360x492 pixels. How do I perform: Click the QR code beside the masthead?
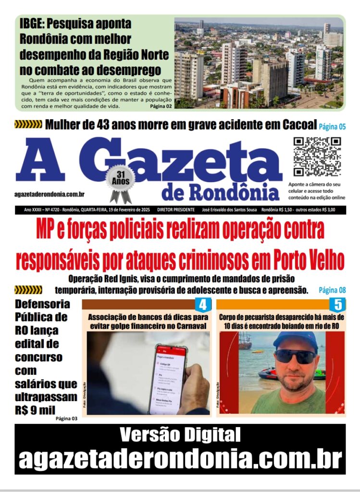point(317,157)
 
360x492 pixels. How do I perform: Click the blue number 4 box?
point(202,304)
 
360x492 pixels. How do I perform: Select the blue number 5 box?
point(338,304)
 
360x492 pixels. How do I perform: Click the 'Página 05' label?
point(332,127)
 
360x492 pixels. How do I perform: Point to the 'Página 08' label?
point(332,290)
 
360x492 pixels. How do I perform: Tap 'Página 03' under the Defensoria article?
point(66,418)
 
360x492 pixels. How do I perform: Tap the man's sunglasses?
point(295,356)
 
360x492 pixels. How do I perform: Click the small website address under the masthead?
point(50,194)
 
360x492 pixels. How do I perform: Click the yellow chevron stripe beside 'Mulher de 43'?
point(28,125)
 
